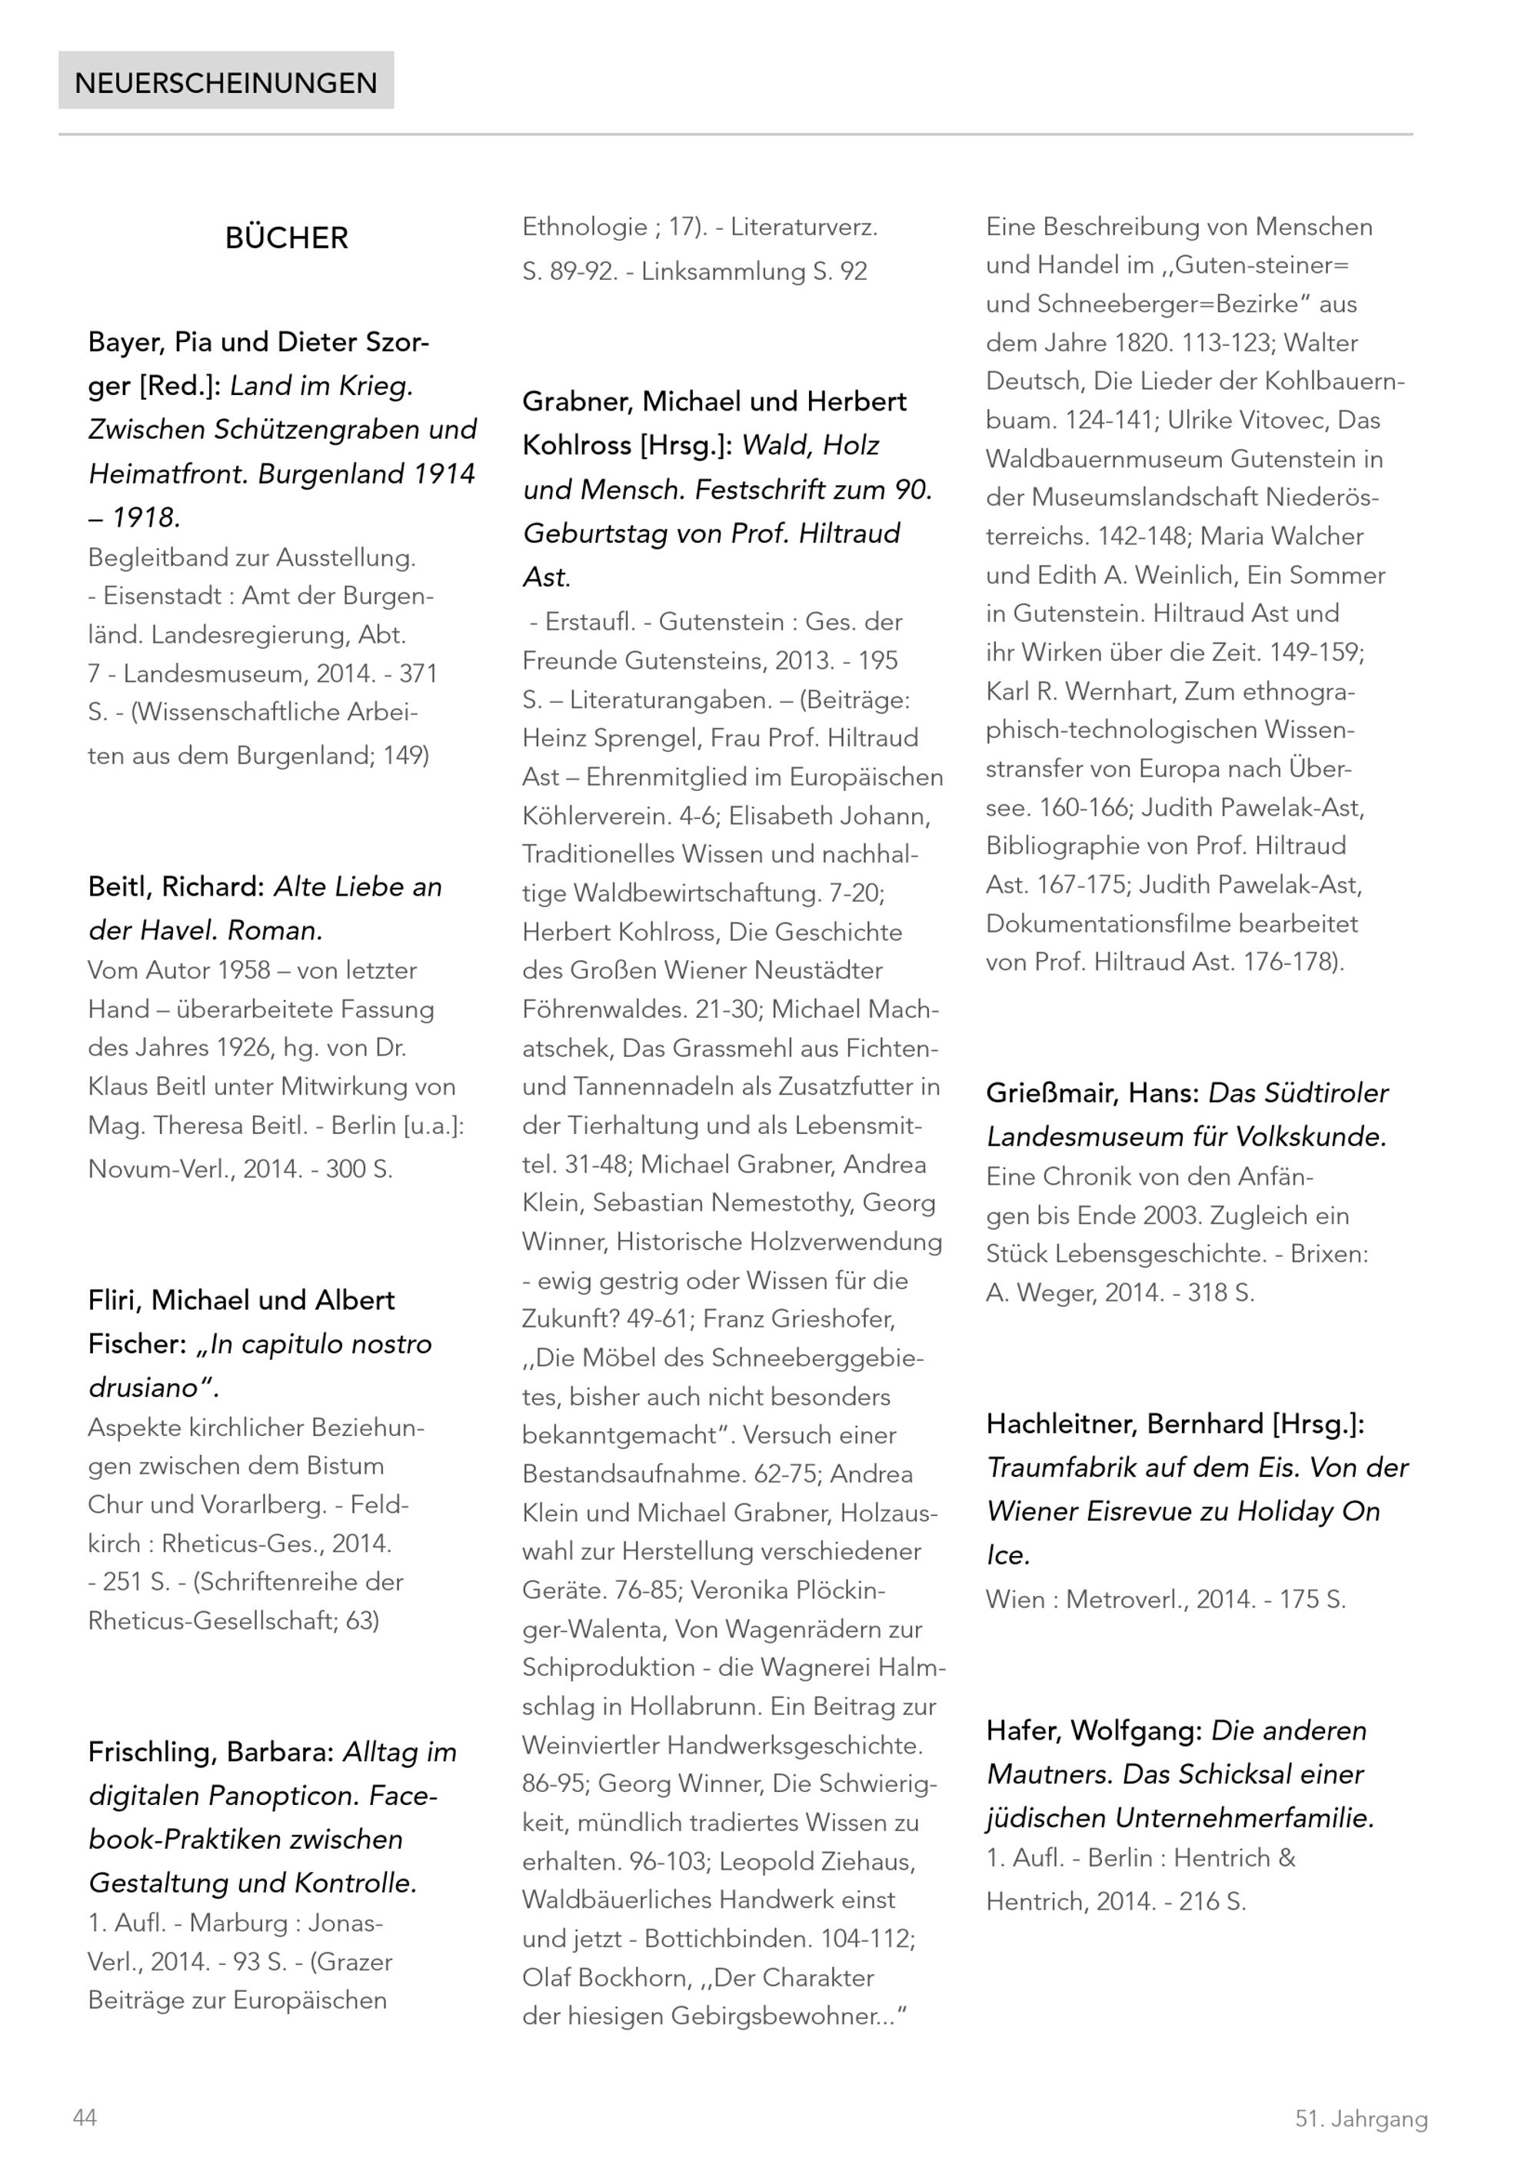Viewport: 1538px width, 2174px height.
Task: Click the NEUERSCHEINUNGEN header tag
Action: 225,82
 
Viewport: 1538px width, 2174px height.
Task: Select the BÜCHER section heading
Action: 286,238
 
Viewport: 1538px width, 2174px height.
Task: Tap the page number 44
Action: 85,2117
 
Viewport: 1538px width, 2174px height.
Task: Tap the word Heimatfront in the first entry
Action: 168,474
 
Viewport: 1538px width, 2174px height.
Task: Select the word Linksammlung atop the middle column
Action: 724,272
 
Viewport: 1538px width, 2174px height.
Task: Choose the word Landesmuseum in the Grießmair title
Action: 1077,1136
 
